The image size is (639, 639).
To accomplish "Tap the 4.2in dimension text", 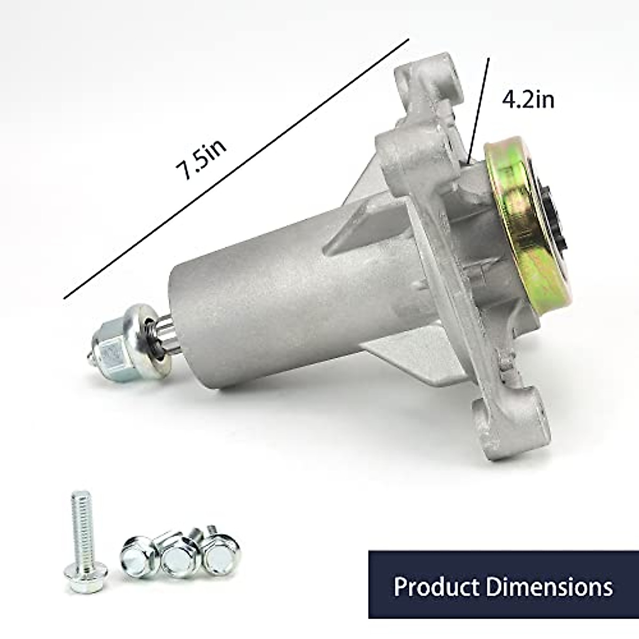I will coord(527,100).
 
